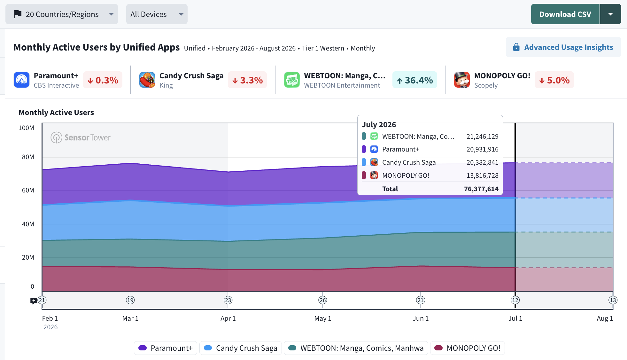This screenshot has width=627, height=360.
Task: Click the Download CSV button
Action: coord(565,14)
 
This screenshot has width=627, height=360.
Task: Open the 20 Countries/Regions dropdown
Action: coord(62,14)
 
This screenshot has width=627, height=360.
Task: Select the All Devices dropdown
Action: coord(157,14)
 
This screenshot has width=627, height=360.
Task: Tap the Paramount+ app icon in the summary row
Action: coord(22,80)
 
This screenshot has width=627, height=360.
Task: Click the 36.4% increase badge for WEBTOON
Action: coord(415,80)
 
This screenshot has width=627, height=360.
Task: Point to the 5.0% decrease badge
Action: coord(554,80)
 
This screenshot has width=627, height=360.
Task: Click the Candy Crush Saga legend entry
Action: coord(241,348)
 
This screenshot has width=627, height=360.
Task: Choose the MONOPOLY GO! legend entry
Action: coord(468,348)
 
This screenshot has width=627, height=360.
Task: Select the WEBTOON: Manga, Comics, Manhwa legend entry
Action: coord(356,348)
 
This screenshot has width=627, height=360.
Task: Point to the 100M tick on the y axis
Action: coord(26,128)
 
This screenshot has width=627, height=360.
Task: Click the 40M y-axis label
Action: coord(28,224)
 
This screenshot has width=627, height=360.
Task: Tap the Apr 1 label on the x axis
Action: coord(228,318)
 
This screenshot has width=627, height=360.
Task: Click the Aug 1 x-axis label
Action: coord(605,318)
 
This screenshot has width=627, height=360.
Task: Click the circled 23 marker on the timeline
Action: coord(228,300)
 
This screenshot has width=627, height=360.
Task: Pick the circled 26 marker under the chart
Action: coord(323,300)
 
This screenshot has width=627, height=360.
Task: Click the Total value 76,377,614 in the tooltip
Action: coord(481,189)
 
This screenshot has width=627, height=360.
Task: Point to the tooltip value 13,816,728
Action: coord(483,176)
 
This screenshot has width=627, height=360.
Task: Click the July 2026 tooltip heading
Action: coord(379,125)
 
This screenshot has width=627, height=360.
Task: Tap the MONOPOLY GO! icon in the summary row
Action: coord(462,80)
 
